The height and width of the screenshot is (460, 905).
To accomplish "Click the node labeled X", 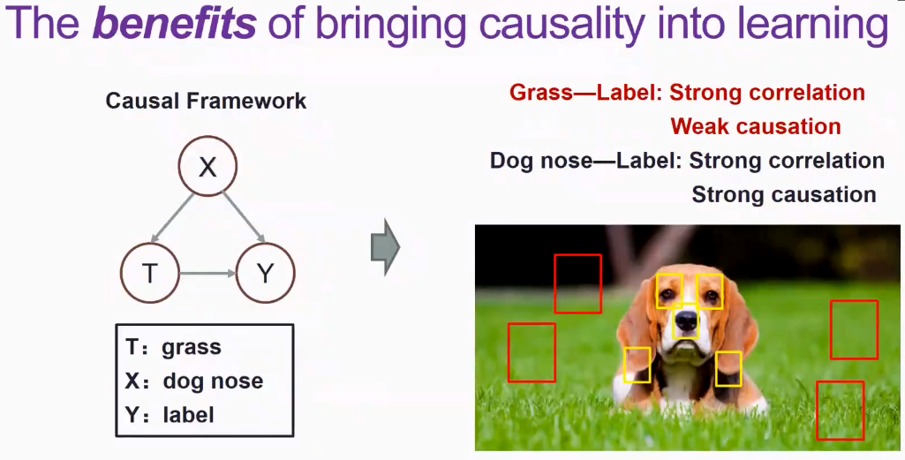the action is click(x=207, y=166).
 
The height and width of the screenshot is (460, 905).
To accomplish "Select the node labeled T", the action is click(x=150, y=273).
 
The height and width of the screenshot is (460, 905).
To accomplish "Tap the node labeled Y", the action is click(x=265, y=273).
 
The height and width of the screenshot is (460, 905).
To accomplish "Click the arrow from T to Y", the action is click(x=207, y=273).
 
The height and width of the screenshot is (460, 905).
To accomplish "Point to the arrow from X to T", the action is click(x=171, y=219).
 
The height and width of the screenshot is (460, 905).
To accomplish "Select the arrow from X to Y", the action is click(x=244, y=217).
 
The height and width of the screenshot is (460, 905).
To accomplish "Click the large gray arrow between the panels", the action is click(x=385, y=247).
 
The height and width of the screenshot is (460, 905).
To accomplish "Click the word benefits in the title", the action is click(x=174, y=23).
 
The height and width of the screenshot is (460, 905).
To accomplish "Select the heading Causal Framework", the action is click(x=206, y=101).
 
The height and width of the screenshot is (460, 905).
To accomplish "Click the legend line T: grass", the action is click(x=173, y=347).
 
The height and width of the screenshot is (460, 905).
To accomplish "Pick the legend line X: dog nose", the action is click(x=194, y=381).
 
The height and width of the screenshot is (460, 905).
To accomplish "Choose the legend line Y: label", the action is click(x=170, y=414).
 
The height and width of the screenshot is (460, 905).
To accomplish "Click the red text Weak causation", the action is click(x=756, y=126).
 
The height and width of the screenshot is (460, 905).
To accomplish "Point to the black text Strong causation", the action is click(x=784, y=194).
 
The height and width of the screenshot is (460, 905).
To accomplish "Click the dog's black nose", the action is click(x=686, y=320).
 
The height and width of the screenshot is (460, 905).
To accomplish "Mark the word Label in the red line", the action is click(x=630, y=93).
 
